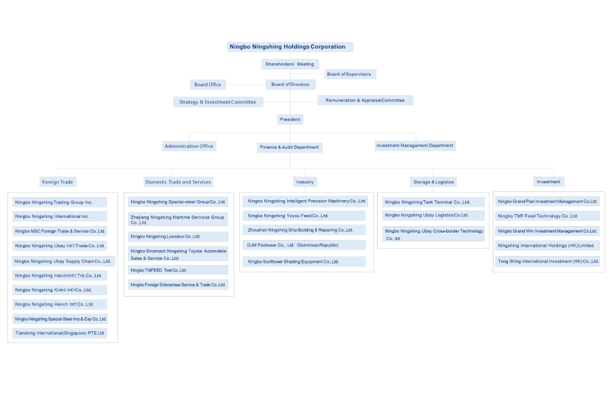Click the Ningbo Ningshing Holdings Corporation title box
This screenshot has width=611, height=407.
click(x=287, y=46)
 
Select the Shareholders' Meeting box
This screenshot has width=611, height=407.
click(x=289, y=64)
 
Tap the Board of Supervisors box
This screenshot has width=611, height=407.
click(x=349, y=74)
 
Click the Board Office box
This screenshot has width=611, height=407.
click(x=207, y=85)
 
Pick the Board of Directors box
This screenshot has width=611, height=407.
click(x=290, y=85)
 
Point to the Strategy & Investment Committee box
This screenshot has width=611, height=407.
click(x=217, y=102)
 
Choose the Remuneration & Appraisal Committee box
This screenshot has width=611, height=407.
click(x=365, y=100)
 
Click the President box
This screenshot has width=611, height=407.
click(x=290, y=119)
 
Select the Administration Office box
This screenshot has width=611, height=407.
click(x=189, y=146)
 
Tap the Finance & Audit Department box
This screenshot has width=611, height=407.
click(x=289, y=147)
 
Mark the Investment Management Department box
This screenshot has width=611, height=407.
click(x=414, y=146)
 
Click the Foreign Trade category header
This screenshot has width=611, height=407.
click(x=58, y=182)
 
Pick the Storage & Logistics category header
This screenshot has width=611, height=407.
click(x=433, y=182)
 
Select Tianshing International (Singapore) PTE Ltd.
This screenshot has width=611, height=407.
click(x=60, y=333)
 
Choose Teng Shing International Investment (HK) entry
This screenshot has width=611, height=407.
click(x=548, y=261)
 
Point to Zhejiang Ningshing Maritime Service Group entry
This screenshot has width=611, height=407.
click(x=177, y=219)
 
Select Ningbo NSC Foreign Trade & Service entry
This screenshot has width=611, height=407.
click(x=60, y=231)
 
